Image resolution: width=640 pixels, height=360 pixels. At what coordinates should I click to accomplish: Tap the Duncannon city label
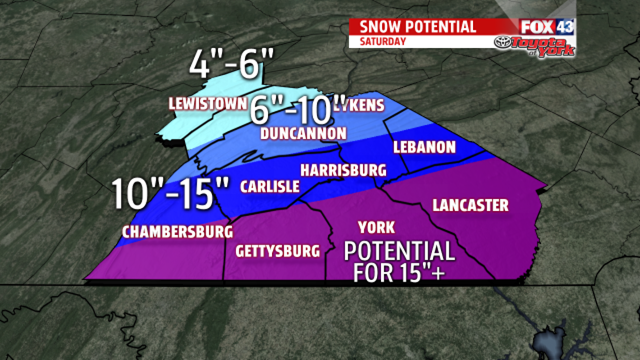303,133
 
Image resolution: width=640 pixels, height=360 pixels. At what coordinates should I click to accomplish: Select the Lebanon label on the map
424,147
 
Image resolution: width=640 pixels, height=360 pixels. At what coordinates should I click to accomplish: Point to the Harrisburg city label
343,170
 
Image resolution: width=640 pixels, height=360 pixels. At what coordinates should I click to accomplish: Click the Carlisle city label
270,187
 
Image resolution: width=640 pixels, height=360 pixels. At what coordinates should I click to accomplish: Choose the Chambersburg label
177,231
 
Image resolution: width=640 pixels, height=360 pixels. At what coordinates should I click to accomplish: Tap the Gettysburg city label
277,250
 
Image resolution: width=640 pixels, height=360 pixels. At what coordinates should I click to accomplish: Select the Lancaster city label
470,205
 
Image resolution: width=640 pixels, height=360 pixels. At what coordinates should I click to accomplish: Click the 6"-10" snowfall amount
291,110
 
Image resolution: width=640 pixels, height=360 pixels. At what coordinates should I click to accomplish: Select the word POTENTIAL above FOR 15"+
399,251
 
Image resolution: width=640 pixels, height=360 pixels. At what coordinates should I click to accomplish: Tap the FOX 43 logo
546,26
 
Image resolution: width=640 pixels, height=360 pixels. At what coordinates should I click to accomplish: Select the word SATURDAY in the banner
382,42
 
